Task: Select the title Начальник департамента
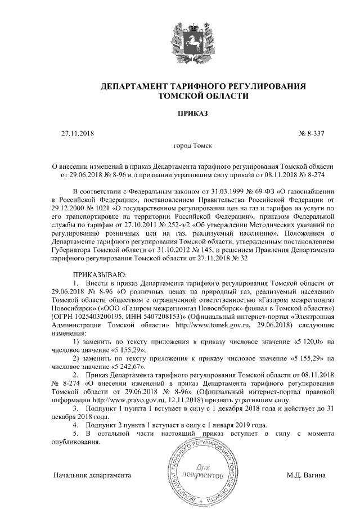coord(92,476)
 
